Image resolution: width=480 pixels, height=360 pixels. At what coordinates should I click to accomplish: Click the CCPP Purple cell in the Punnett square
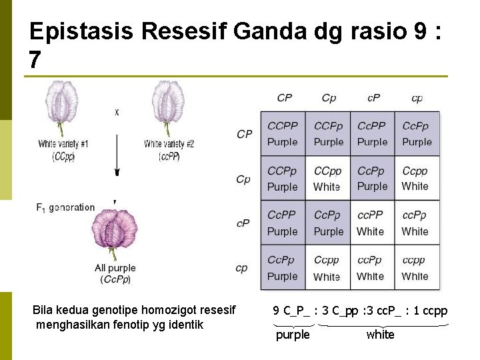click(283, 133)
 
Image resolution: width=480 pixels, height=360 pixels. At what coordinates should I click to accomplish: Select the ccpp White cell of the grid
click(415, 268)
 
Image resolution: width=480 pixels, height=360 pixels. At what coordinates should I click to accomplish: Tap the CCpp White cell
click(327, 179)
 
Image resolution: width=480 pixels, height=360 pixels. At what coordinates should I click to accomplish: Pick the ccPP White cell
click(371, 223)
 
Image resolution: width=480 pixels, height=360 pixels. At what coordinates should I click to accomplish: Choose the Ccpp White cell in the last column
click(415, 179)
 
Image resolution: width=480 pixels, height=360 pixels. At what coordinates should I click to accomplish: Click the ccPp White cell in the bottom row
click(371, 268)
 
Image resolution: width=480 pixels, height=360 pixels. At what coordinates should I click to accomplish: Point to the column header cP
click(374, 98)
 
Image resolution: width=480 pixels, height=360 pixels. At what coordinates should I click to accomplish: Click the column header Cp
click(329, 98)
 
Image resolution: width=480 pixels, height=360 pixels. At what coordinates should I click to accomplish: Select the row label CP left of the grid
click(245, 134)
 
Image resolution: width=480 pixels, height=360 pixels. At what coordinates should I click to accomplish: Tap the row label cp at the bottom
click(242, 268)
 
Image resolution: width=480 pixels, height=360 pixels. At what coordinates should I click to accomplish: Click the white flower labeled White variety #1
click(64, 107)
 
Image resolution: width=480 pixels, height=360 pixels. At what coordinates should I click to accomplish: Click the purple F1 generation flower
click(114, 233)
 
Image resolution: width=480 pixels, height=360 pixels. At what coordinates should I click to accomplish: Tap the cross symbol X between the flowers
click(117, 113)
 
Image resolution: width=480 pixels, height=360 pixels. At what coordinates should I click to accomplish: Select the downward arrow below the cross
click(117, 157)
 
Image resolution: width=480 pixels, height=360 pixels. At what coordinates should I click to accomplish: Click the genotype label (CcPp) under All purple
click(115, 279)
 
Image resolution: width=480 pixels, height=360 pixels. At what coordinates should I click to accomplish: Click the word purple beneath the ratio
click(293, 335)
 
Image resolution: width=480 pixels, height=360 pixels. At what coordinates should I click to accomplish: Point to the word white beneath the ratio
click(380, 335)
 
